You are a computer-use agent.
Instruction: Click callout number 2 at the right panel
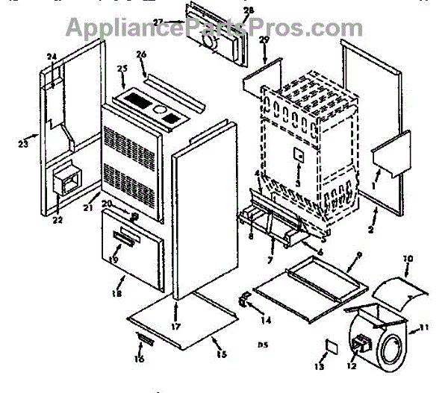click(x=370, y=231)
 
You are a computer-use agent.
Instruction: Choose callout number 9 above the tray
click(x=358, y=255)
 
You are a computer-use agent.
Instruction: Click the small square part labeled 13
click(x=329, y=347)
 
